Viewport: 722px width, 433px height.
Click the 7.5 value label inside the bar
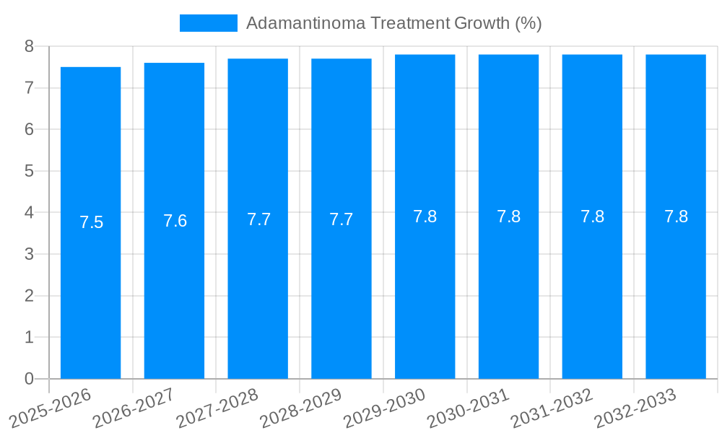[x=92, y=222]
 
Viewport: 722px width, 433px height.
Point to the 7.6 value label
[x=175, y=221]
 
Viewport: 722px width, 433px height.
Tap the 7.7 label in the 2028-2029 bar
[x=342, y=219]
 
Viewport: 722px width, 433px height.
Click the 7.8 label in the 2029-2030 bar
[x=425, y=216]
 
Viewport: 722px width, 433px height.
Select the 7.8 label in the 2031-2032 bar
[x=592, y=216]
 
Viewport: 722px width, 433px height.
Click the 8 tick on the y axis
[x=29, y=46]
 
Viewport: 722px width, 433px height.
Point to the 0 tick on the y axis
[x=29, y=379]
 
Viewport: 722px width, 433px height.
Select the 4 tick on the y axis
[x=29, y=213]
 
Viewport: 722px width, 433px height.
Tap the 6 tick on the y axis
[x=29, y=130]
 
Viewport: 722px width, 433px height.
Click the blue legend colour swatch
[x=208, y=23]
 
